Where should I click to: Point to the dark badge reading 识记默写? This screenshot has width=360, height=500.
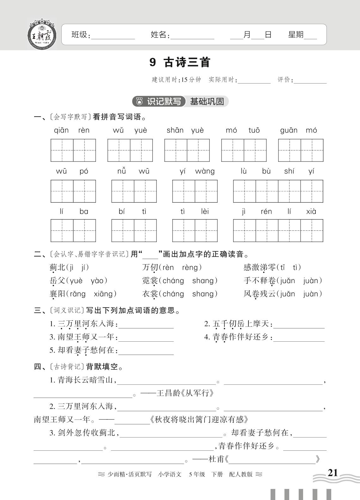coord(159,101)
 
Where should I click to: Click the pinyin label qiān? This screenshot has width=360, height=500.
coord(61,130)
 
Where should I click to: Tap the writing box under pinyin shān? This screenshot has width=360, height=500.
coord(175,150)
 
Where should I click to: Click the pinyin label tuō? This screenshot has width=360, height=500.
coord(254,130)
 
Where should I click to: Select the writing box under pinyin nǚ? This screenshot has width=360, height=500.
coord(123,191)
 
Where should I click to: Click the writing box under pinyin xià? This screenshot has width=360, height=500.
coord(312,230)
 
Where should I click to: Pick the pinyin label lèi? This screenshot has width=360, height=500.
coord(205,211)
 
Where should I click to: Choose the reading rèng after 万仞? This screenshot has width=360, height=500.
coord(190,268)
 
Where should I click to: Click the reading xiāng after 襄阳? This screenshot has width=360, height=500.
coord(103,294)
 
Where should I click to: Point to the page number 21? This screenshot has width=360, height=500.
coord(333,473)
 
